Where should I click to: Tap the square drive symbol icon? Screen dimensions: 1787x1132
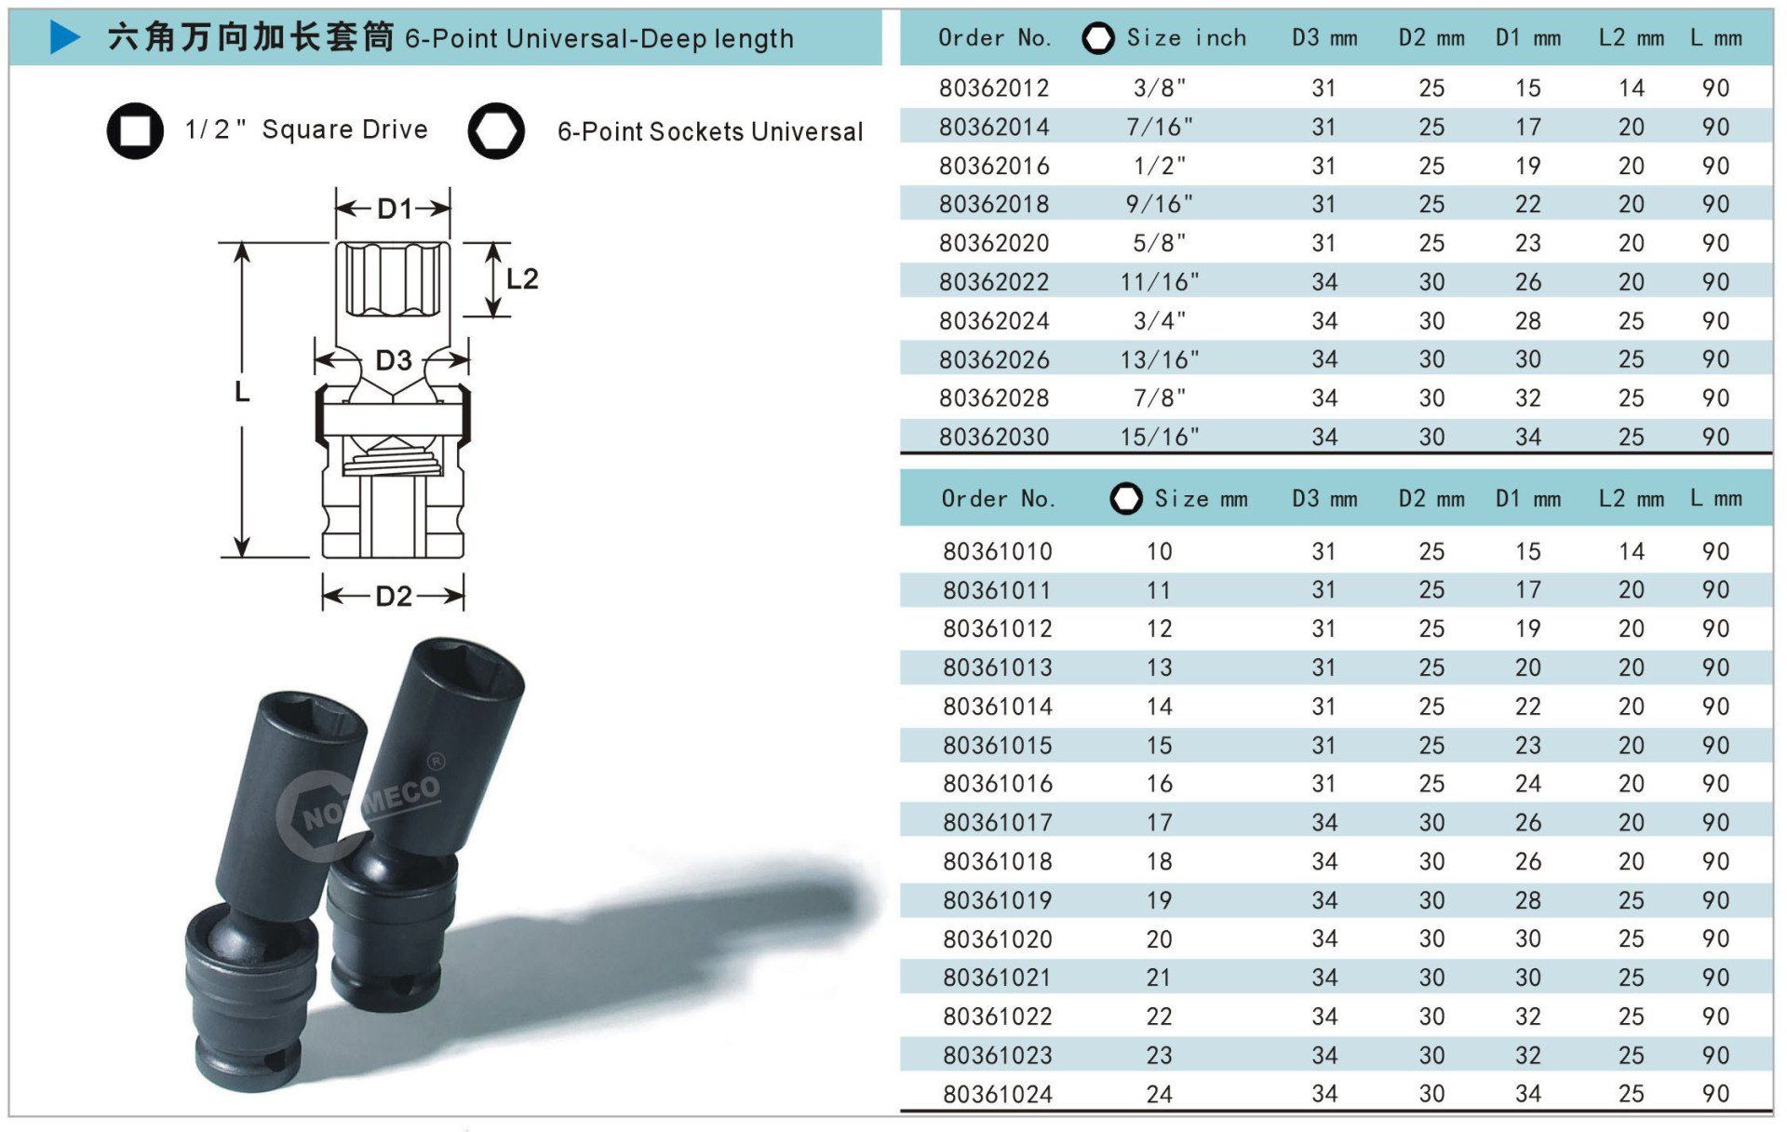tap(135, 130)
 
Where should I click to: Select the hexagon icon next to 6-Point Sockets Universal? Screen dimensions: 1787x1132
tap(496, 130)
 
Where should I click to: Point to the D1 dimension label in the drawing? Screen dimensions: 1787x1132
tap(394, 209)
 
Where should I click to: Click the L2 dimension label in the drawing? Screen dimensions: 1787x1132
tap(522, 278)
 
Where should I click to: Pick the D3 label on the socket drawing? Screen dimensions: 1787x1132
tap(394, 360)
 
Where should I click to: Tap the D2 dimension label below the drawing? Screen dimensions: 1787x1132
tap(394, 596)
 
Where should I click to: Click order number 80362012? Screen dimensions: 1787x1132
tap(994, 88)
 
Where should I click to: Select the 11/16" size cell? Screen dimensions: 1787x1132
tap(1160, 282)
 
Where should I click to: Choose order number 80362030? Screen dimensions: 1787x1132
tap(994, 437)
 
